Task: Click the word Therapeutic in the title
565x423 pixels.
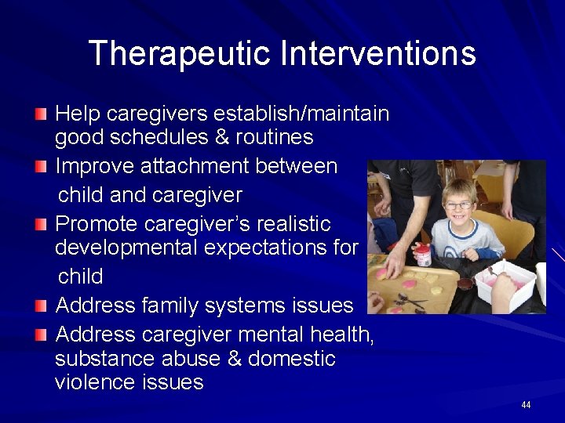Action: [180, 53]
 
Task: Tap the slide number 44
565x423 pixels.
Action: [526, 404]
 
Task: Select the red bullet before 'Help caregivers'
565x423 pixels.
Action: [41, 114]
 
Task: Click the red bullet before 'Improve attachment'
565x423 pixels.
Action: [41, 166]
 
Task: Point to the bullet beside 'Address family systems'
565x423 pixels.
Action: [41, 305]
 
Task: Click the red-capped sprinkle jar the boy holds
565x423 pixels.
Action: [425, 255]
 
